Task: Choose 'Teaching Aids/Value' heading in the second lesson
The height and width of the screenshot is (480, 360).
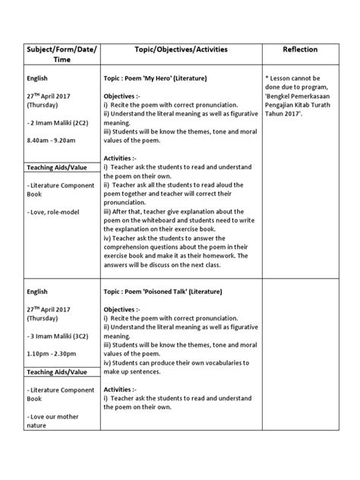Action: pyautogui.click(x=55, y=372)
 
